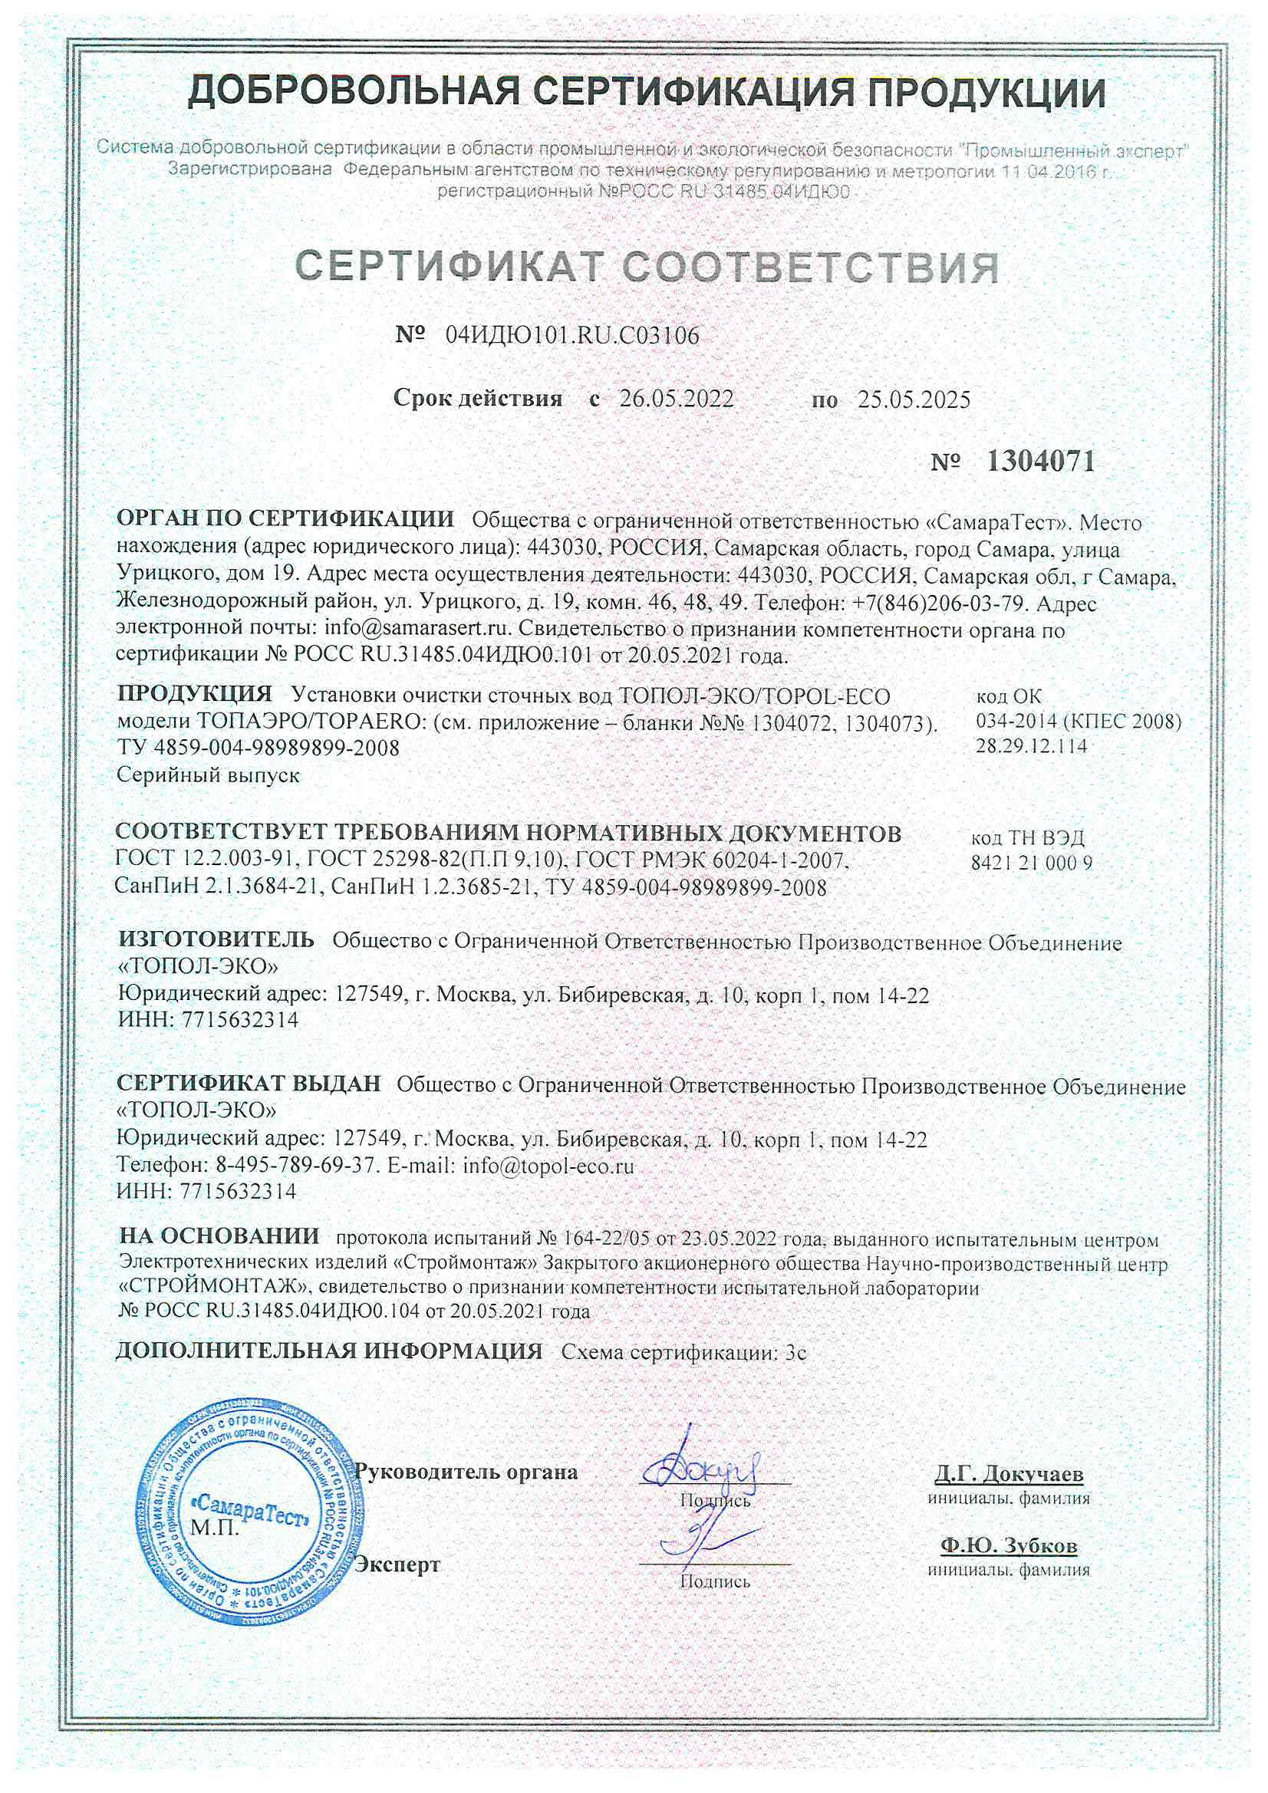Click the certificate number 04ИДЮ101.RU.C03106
(x=572, y=336)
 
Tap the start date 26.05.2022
(x=677, y=399)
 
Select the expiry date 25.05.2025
(x=914, y=400)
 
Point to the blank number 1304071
(x=1040, y=462)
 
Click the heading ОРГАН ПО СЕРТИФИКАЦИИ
(x=285, y=518)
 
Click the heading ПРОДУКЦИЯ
(x=194, y=693)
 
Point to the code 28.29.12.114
(x=1031, y=745)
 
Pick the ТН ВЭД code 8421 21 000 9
(x=1031, y=863)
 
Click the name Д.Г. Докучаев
(x=1009, y=1474)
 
